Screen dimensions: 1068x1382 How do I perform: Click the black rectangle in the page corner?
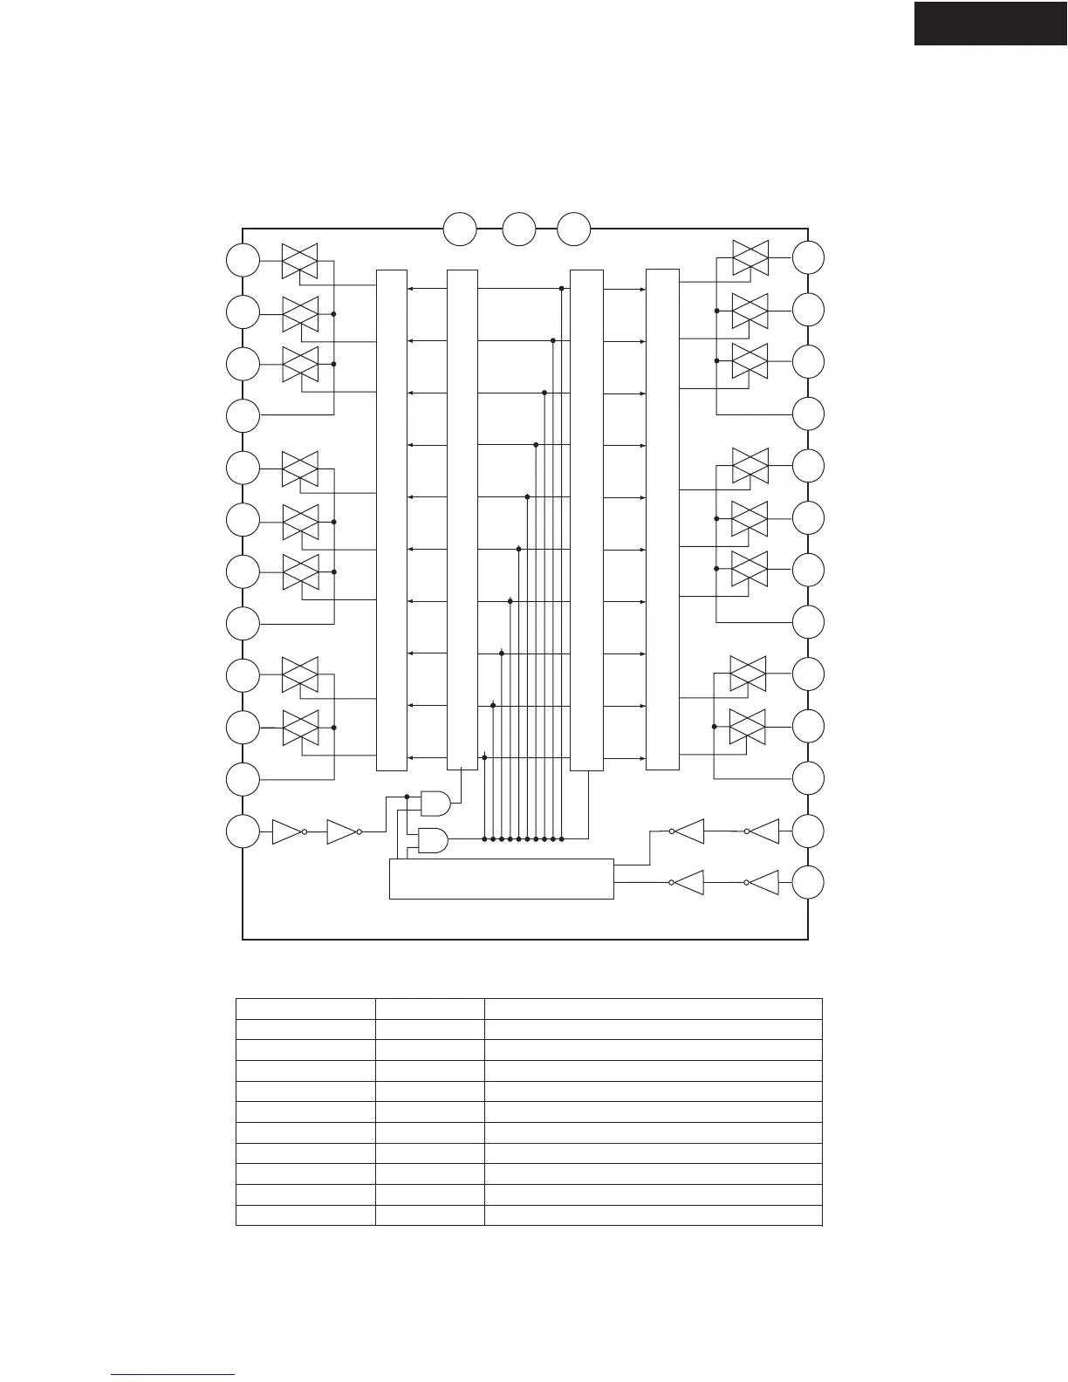click(990, 23)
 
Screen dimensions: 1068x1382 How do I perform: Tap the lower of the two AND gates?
click(434, 839)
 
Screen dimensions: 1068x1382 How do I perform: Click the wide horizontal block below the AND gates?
click(501, 879)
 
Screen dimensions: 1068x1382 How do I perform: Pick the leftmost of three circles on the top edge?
click(460, 229)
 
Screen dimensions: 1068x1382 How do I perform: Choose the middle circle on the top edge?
click(519, 229)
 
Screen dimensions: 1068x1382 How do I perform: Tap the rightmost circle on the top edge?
click(574, 229)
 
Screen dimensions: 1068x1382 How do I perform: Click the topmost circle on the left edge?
click(243, 260)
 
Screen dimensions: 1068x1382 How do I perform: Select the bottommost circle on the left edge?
click(243, 831)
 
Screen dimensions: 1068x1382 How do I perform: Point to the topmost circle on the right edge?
click(809, 258)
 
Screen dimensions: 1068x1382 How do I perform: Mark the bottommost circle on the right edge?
click(809, 883)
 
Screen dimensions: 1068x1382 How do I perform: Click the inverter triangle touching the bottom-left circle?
click(286, 832)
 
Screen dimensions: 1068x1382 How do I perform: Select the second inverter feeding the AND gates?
click(341, 832)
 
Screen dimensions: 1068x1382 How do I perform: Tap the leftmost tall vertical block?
click(391, 520)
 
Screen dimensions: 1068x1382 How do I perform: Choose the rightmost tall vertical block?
click(662, 520)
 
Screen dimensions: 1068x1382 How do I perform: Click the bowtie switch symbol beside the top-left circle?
click(299, 261)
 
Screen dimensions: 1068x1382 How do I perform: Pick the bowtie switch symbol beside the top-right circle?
click(750, 258)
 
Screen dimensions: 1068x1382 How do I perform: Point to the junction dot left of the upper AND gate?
click(407, 797)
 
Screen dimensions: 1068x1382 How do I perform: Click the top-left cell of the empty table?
click(305, 1009)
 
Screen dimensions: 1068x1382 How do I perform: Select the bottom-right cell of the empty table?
click(653, 1215)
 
